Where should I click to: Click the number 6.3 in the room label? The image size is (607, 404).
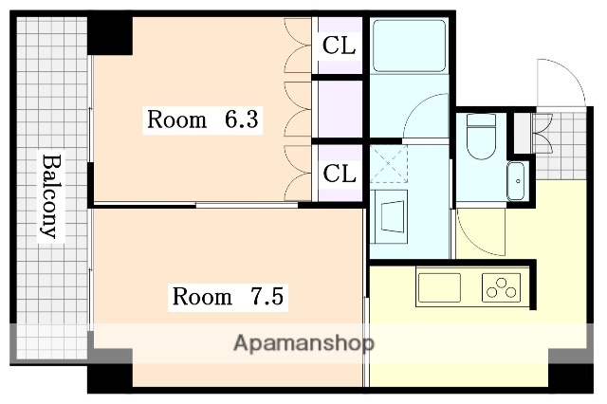242,120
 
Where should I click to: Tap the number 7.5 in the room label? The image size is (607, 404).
267,297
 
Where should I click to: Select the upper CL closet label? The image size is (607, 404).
339,45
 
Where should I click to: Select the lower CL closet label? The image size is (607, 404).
339,174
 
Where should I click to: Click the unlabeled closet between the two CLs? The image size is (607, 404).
339,109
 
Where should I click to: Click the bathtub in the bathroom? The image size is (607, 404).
409,46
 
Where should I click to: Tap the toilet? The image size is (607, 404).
480,138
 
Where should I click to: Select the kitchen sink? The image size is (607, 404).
439,287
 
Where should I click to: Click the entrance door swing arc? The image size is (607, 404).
560,81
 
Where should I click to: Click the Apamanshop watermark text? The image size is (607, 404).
303,342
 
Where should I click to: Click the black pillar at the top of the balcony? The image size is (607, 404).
109,35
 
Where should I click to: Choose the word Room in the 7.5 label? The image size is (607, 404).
201,297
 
